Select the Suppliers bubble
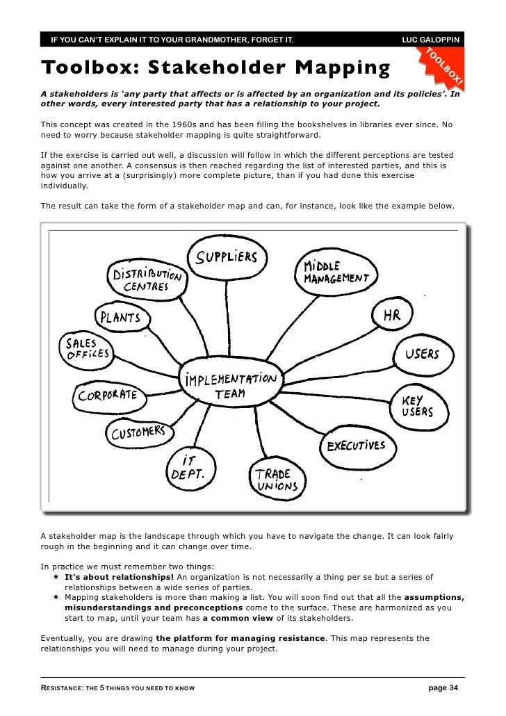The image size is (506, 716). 227,258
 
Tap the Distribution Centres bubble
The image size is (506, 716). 146,279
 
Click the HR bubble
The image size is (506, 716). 391,316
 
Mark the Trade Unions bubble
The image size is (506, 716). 275,479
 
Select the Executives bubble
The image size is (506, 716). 355,445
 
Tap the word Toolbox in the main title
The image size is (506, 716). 85,68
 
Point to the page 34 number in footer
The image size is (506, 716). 443,688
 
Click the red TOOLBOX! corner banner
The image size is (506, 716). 443,66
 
